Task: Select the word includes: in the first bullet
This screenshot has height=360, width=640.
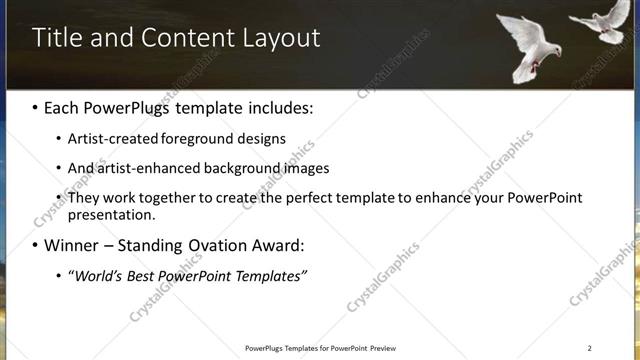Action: (x=277, y=106)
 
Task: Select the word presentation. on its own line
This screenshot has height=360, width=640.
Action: (x=112, y=214)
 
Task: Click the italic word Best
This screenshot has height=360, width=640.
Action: (x=148, y=275)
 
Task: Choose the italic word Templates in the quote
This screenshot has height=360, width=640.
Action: (x=270, y=275)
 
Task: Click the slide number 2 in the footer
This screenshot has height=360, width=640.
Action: (x=590, y=347)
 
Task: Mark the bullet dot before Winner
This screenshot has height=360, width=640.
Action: (x=37, y=245)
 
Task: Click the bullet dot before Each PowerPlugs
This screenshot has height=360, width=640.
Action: (x=37, y=106)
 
